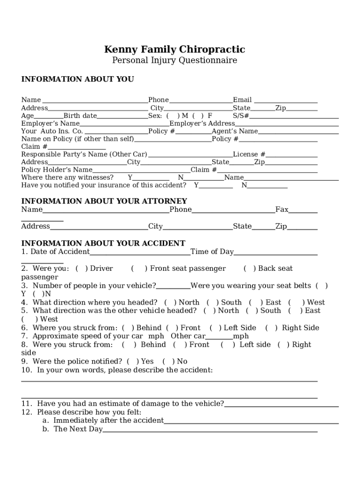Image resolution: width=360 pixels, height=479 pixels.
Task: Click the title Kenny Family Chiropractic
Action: pyautogui.click(x=174, y=50)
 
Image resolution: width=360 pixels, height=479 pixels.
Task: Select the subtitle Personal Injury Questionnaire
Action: pyautogui.click(x=174, y=61)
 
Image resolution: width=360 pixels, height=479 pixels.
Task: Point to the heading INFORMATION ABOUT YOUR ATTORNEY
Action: pyautogui.click(x=104, y=201)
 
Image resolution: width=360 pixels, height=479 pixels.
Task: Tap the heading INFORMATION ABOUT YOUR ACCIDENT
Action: pyautogui.click(x=103, y=243)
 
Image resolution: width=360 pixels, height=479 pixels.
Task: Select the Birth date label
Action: pyautogui.click(x=80, y=116)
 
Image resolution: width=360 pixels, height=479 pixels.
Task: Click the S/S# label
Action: pyautogui.click(x=241, y=116)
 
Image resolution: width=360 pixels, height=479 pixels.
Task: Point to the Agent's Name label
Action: pyautogui.click(x=235, y=131)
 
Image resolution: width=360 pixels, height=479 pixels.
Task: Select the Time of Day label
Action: pyautogui.click(x=212, y=252)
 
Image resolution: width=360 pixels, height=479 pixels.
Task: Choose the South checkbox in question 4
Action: pyautogui.click(x=213, y=303)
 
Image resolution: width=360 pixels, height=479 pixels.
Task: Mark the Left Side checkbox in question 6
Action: pyautogui.click(x=216, y=328)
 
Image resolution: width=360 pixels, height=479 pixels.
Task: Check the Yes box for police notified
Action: pyautogui.click(x=133, y=362)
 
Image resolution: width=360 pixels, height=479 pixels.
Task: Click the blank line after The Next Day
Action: pyautogui.click(x=210, y=429)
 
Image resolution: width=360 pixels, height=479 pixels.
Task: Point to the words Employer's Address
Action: pyautogui.click(x=202, y=123)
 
